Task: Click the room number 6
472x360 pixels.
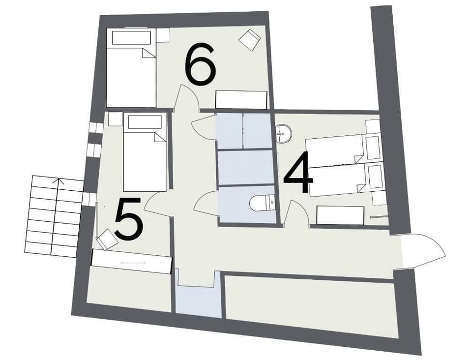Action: coord(200,64)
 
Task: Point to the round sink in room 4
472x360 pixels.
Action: coord(283,133)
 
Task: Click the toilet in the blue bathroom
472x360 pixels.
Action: coord(262,203)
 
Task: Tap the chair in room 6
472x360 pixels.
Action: coord(250,40)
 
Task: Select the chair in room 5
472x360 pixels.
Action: coord(107,240)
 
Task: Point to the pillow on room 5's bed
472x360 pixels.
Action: coord(145,122)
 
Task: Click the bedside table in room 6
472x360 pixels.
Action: coord(163,35)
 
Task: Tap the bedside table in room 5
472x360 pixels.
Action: coord(115,119)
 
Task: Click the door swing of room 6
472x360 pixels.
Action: coord(186,97)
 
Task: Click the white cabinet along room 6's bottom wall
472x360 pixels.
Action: coord(241,100)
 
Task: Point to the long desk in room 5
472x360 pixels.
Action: coord(131,261)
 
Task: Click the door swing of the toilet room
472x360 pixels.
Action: coord(206,204)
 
